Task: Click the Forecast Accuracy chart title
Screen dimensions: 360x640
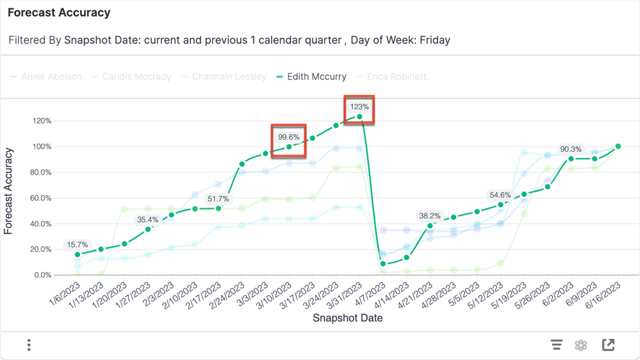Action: [x=59, y=13]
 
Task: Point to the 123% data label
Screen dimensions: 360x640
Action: [x=359, y=107]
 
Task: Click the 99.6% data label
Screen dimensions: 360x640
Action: [x=288, y=137]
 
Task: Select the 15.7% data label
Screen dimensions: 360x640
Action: [x=78, y=245]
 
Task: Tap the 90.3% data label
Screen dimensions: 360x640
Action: [x=571, y=149]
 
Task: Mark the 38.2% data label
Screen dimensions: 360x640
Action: [x=429, y=216]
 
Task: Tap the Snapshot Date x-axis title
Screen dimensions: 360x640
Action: [x=347, y=318]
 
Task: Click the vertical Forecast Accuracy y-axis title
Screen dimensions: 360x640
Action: [x=9, y=192]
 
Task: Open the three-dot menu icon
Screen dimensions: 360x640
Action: [x=29, y=345]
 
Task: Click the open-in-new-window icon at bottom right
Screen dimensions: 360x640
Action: [x=609, y=345]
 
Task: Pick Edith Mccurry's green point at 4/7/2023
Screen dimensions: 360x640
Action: [x=383, y=264]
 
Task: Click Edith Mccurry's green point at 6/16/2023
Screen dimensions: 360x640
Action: [x=618, y=147]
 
